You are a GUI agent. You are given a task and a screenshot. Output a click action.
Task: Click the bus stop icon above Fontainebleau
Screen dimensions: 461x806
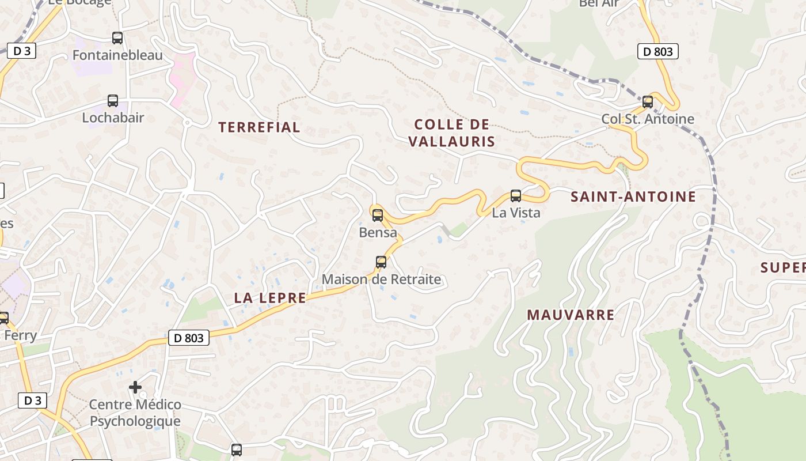click(117, 38)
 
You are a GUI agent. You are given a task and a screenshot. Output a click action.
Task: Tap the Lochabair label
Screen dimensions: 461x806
click(113, 118)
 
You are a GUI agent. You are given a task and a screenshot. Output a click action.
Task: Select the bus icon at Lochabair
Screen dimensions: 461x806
click(113, 101)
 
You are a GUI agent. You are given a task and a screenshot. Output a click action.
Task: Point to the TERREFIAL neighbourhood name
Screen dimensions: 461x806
click(259, 127)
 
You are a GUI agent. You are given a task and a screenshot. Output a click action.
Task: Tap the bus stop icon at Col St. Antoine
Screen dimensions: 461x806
click(648, 102)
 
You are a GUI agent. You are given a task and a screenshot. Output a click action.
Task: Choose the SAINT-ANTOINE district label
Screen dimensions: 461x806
click(633, 197)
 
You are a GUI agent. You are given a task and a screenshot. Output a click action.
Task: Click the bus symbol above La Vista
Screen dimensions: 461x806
click(516, 195)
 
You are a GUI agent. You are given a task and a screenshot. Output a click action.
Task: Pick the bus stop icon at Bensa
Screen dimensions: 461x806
click(378, 216)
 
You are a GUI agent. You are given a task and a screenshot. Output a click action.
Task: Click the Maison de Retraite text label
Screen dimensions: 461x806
click(381, 279)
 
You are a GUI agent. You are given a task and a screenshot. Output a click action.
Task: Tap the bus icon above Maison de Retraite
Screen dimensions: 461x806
click(381, 262)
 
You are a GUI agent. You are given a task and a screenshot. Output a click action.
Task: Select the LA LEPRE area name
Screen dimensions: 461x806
click(270, 298)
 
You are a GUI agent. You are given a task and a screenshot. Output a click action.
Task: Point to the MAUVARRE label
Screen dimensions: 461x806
click(571, 315)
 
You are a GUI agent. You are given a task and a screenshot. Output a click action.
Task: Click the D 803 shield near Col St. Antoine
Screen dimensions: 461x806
click(658, 51)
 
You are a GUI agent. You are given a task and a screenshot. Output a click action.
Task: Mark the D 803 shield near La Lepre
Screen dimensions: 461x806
click(189, 338)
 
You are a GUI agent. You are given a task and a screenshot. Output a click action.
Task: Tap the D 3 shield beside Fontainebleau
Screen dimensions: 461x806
click(22, 51)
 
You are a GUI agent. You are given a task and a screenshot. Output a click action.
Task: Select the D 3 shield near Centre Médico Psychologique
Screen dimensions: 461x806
click(32, 400)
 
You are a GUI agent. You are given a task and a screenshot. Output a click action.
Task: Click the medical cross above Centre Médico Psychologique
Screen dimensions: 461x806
click(135, 387)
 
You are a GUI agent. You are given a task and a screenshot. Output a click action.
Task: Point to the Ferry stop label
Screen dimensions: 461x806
click(20, 335)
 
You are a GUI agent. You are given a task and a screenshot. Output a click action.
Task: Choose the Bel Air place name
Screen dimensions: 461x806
click(599, 3)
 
